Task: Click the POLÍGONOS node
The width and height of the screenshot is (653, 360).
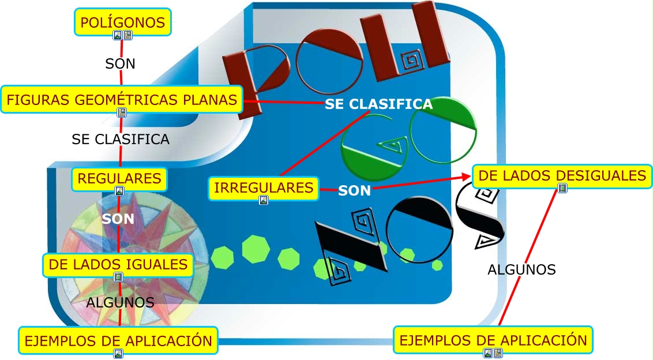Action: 123,23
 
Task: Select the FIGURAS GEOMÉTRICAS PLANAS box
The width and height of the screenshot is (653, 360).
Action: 121,100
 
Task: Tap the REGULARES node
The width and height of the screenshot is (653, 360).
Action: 119,179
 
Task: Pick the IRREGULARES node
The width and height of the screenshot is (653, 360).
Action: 264,188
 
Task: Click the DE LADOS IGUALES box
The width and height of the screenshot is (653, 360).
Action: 118,265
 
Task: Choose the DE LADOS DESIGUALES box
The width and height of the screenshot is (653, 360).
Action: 562,175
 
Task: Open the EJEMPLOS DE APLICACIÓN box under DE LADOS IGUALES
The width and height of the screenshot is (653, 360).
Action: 118,340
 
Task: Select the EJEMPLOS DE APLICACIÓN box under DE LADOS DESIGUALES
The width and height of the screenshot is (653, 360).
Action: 493,340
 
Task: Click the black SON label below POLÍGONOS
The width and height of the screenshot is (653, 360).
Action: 120,63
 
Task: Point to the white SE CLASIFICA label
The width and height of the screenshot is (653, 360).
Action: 378,104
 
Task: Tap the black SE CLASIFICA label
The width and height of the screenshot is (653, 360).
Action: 120,139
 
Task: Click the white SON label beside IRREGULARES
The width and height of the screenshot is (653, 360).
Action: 354,190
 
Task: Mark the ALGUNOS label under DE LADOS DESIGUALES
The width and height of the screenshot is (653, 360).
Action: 521,269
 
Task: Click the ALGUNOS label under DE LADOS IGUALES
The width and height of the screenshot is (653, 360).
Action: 120,302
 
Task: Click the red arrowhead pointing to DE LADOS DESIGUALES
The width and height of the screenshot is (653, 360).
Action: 468,179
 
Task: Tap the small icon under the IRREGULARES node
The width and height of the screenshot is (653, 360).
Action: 264,200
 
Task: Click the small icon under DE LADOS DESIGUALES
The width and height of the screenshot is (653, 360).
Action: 562,188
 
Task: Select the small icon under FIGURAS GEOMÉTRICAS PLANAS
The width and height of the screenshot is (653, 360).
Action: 122,112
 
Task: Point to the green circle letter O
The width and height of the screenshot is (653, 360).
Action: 444,134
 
